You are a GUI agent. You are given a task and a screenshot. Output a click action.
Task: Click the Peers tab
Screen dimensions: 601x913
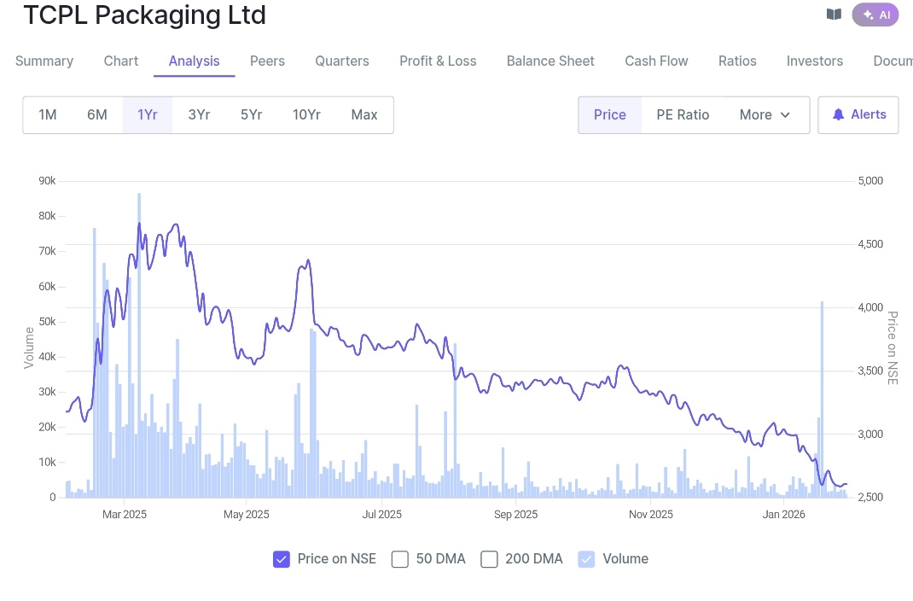[x=267, y=61]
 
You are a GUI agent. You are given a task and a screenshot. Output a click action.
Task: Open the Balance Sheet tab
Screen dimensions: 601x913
[x=550, y=61]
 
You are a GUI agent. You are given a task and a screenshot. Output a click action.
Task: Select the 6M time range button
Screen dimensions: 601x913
[x=97, y=115]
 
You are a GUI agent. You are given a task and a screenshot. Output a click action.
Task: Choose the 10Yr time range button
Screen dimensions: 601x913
[x=306, y=115]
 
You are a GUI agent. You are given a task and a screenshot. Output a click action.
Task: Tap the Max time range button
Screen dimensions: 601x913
[x=364, y=115]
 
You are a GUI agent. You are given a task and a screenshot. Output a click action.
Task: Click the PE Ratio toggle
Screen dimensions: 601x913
[x=683, y=115]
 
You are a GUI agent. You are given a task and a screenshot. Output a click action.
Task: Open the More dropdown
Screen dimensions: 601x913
[x=765, y=115]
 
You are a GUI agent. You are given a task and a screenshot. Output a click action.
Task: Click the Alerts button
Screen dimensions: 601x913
[x=858, y=115]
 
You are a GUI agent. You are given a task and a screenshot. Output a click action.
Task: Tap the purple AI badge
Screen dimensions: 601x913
[x=875, y=15]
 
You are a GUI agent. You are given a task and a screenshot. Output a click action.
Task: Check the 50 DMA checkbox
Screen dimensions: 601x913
[x=400, y=559]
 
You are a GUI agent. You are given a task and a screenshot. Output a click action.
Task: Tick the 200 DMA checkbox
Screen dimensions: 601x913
[x=489, y=559]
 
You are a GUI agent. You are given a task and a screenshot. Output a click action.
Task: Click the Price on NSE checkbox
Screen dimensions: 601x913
[x=282, y=559]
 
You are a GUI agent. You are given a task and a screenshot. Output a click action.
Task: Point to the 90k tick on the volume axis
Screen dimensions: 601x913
[x=47, y=181]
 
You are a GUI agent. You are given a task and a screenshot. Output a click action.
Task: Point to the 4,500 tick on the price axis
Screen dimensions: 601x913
[x=870, y=244]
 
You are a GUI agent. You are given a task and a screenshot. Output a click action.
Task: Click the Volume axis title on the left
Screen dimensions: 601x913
[x=29, y=347]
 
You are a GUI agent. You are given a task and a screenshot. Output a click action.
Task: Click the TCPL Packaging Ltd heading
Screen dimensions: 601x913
[x=144, y=15]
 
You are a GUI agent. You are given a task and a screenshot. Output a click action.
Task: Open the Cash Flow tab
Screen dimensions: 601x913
[x=656, y=61]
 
